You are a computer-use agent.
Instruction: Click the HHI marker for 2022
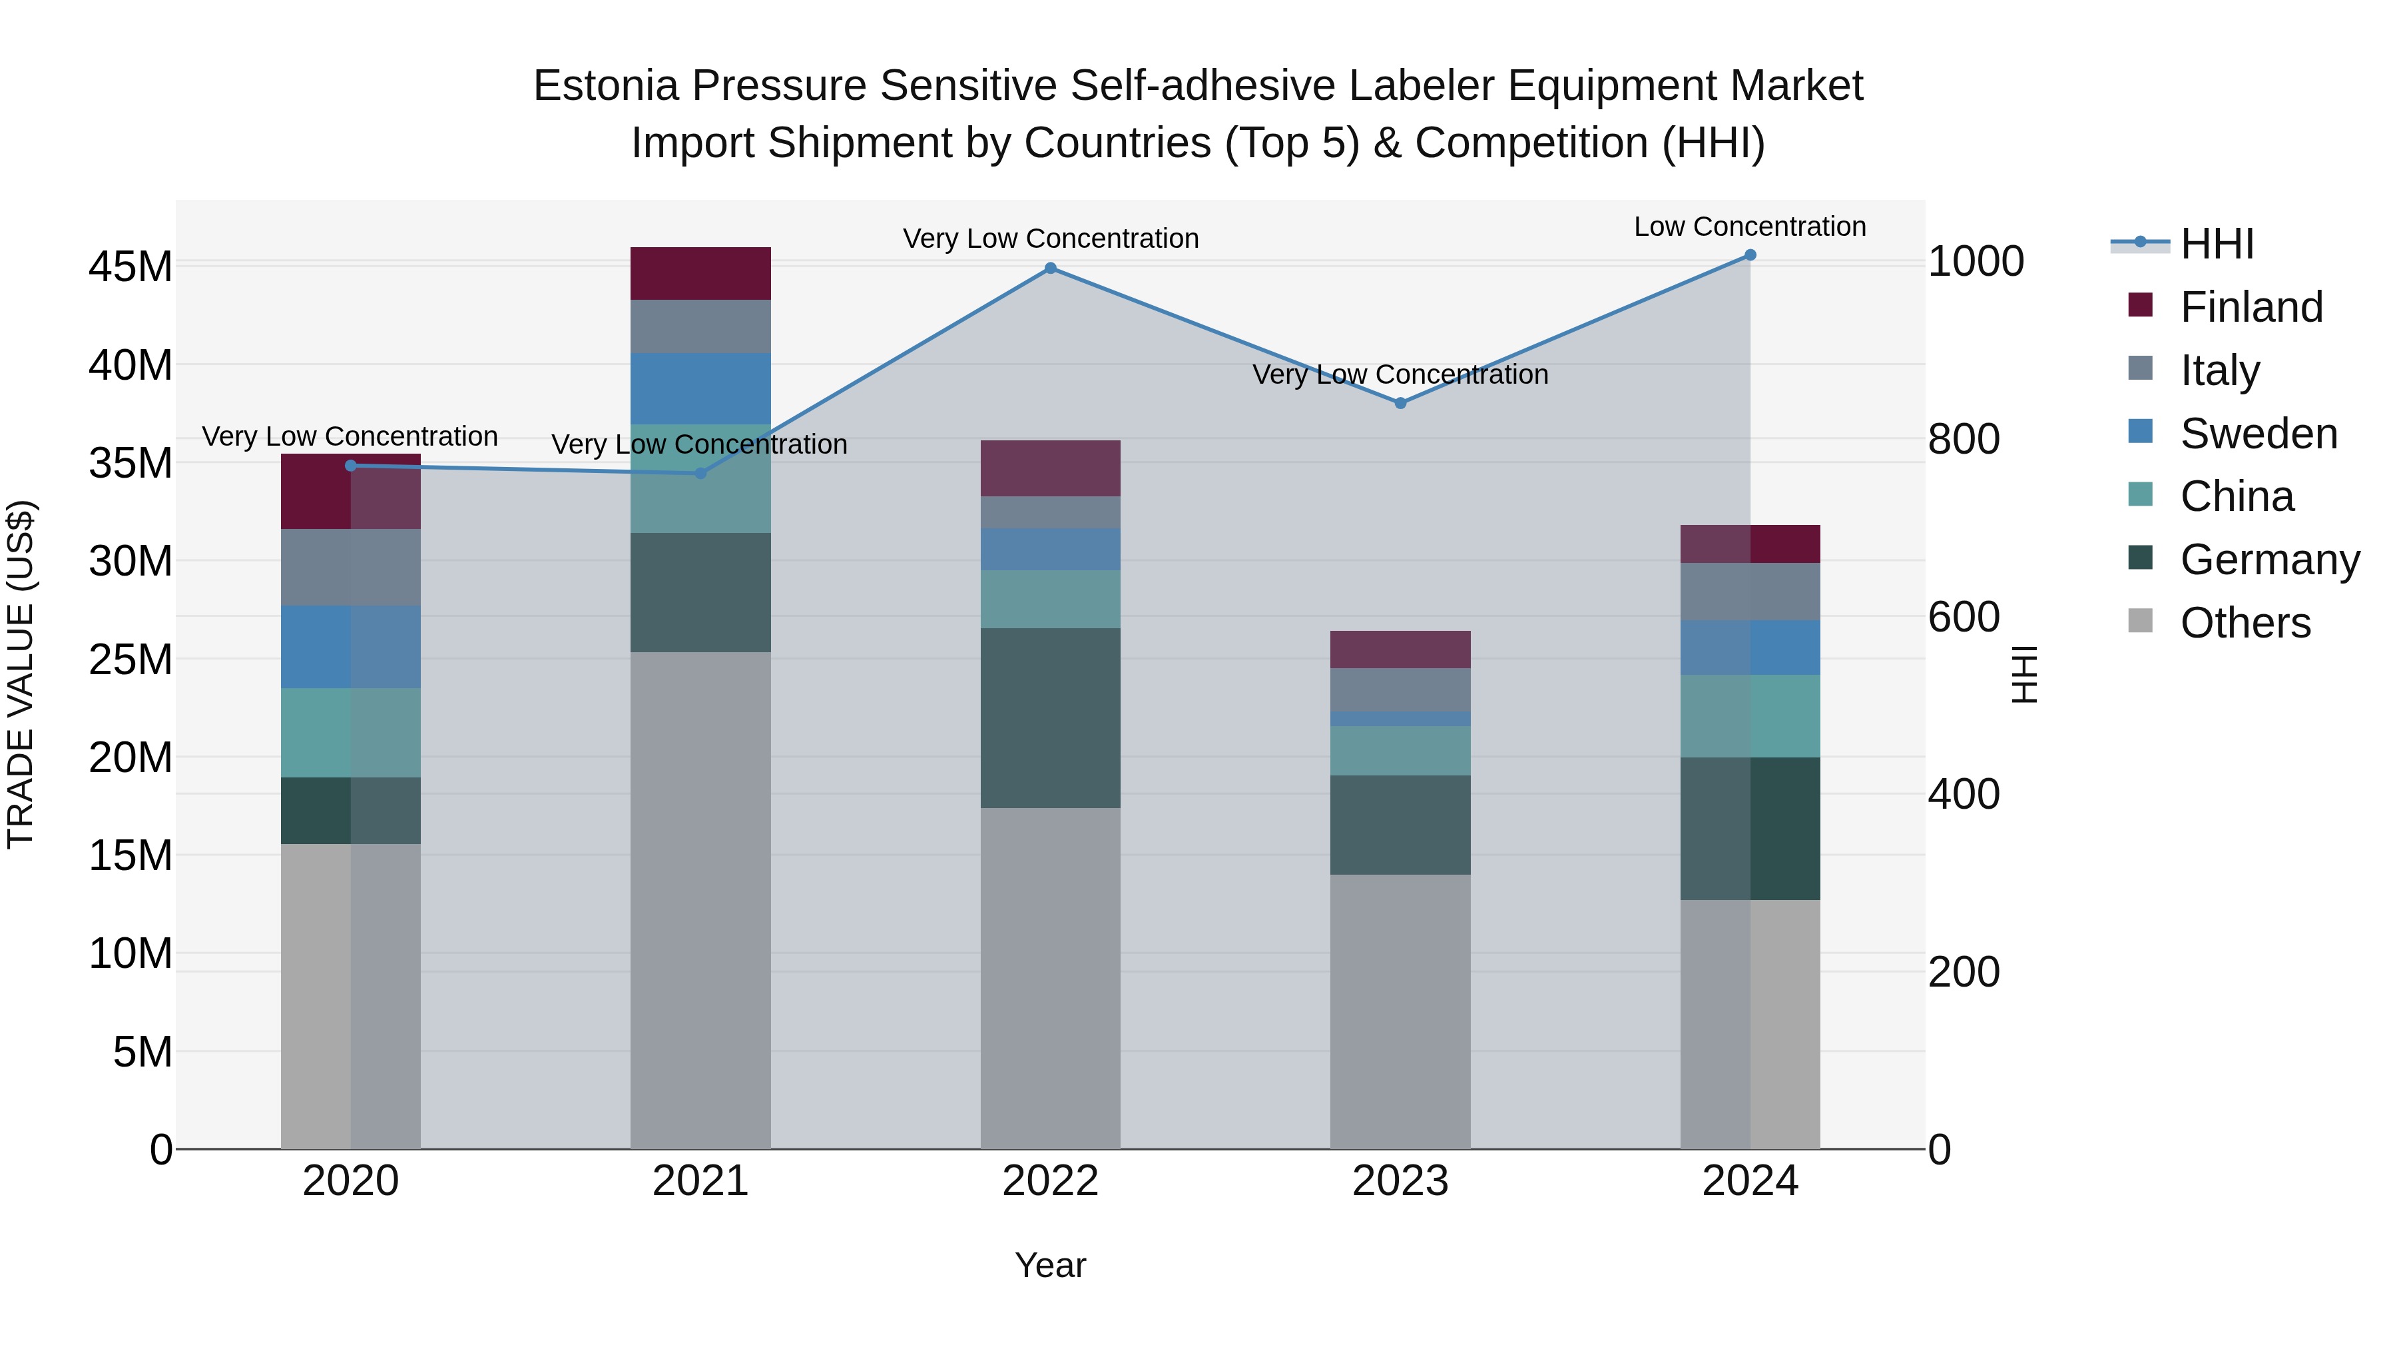pos(1051,268)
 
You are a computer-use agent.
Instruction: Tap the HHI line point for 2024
pos(1750,255)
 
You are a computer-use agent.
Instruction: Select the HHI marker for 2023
pos(1400,403)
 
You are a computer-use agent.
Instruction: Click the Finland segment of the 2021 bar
pos(700,274)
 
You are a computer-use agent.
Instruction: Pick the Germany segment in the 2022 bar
pos(1051,717)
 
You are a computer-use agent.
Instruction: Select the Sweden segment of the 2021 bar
pos(700,389)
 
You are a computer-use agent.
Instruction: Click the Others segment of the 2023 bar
pos(1400,1011)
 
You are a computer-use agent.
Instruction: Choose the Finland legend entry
pos(2252,307)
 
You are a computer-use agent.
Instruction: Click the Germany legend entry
pos(2270,560)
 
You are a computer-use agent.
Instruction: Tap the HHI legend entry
pos(2217,244)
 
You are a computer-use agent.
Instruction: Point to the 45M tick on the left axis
pos(131,267)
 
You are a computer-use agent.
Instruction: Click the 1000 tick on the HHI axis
pos(1976,262)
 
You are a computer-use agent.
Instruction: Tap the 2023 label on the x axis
pos(1400,1181)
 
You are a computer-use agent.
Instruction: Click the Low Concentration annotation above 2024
pos(1750,226)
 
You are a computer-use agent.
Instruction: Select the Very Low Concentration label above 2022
pos(1051,238)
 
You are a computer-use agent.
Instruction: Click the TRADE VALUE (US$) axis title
pos(21,674)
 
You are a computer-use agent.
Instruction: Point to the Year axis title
pos(1051,1265)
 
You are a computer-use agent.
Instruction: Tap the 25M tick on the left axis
pos(131,660)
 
